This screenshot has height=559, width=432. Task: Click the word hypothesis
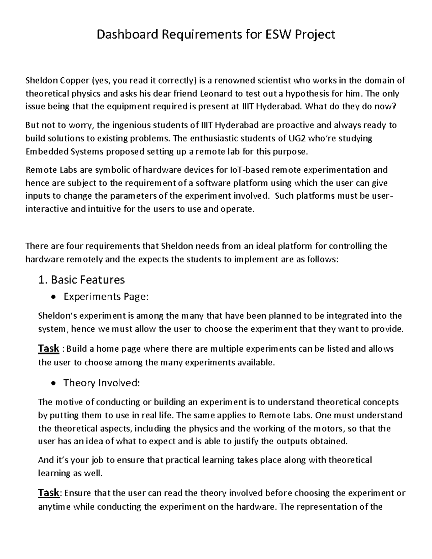point(307,94)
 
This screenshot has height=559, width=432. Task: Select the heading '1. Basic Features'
point(81,280)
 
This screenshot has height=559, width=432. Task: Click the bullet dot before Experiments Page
point(54,297)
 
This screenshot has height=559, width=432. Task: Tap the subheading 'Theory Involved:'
point(101,383)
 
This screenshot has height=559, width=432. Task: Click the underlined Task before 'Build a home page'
point(49,348)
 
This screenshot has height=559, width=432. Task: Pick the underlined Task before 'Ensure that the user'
point(48,492)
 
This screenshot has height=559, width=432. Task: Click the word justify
point(244,442)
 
